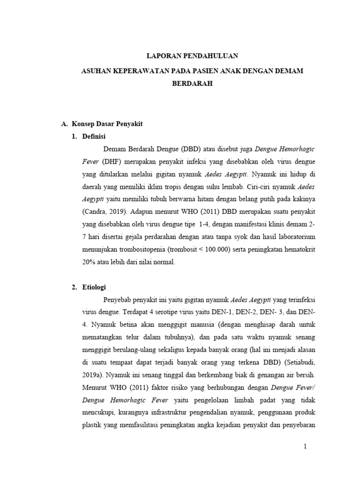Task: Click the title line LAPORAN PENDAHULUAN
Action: [x=193, y=56]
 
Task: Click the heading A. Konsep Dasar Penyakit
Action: [x=102, y=124]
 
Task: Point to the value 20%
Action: [x=89, y=262]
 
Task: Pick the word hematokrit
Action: [x=298, y=250]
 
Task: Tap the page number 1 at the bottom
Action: [x=305, y=447]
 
